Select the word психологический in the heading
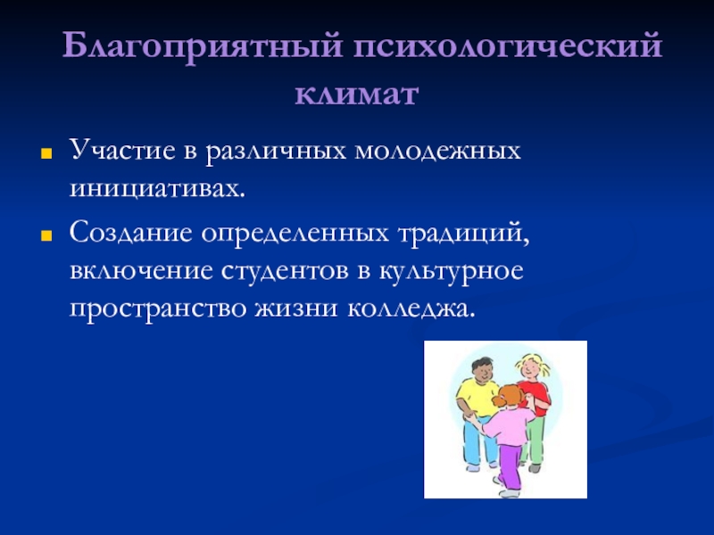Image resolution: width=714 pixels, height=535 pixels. click(508, 45)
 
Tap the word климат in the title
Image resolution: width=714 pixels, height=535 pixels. click(356, 95)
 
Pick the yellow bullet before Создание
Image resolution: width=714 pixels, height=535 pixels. click(46, 235)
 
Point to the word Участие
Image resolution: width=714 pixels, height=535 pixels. click(122, 150)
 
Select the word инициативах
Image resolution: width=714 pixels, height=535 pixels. click(157, 189)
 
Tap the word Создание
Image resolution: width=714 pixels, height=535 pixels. click(130, 233)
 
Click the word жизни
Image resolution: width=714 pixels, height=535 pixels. click(296, 309)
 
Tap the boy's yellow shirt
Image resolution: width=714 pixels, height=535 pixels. click(477, 398)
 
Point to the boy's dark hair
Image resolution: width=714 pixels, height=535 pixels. click(482, 364)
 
